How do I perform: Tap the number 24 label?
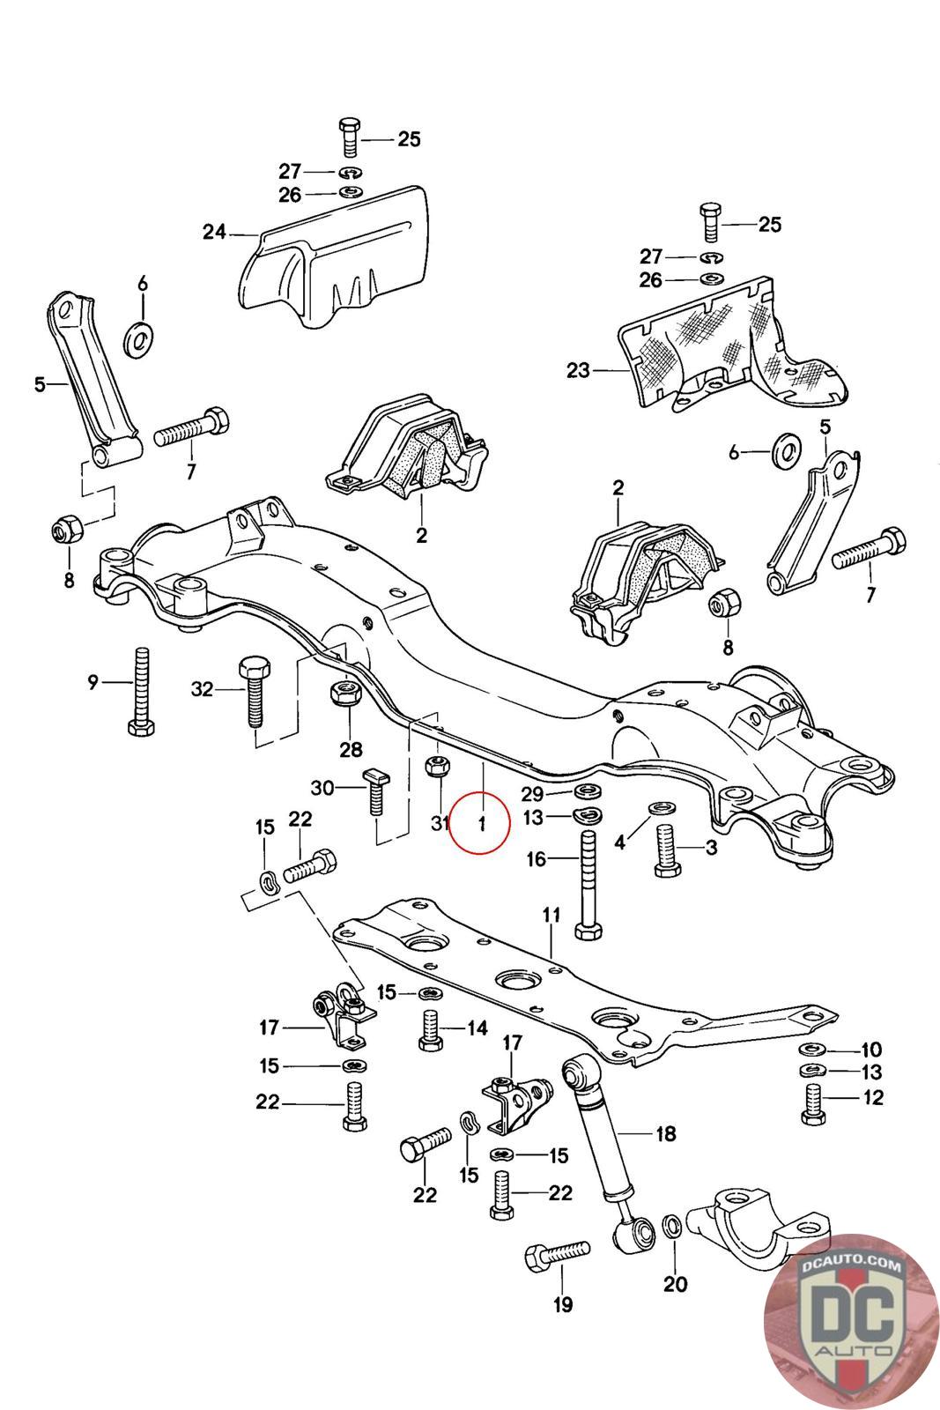tap(214, 233)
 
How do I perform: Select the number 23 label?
tap(578, 371)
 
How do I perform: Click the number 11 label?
tap(551, 916)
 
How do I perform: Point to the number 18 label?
tap(665, 1133)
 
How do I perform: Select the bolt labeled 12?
tap(812, 1102)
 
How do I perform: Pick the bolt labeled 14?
tap(430, 1029)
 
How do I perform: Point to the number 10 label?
tap(870, 1050)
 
